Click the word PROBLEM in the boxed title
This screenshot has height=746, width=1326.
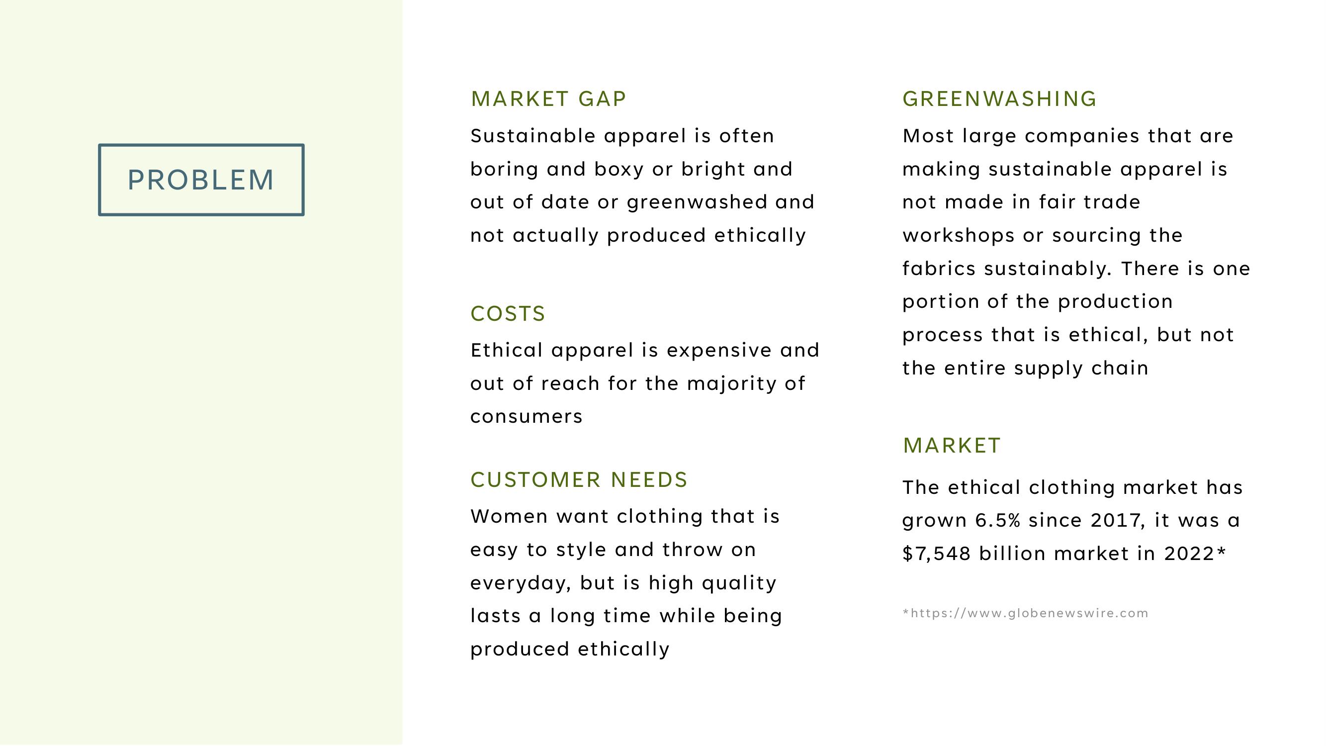tap(201, 180)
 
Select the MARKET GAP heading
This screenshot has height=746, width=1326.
tap(548, 99)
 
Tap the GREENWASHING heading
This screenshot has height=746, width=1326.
tap(1000, 99)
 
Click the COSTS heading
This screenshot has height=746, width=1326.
tap(508, 313)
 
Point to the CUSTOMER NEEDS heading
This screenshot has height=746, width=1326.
tap(579, 480)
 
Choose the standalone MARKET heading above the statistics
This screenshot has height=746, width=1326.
tap(952, 445)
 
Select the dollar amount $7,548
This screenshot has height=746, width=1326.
tap(937, 554)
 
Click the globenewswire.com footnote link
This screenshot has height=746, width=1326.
tap(1025, 613)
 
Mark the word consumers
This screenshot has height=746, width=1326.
tap(526, 416)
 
